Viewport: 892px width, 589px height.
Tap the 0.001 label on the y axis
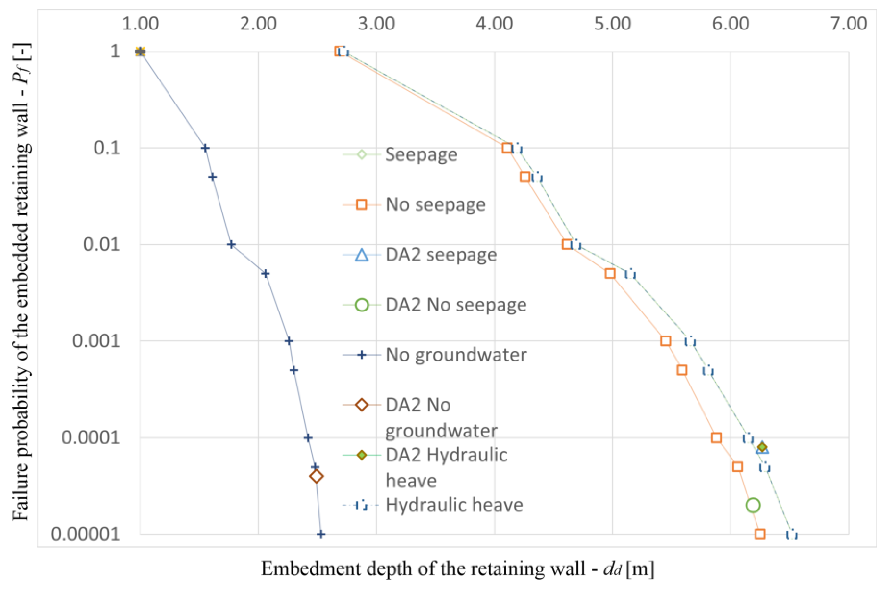[x=96, y=341]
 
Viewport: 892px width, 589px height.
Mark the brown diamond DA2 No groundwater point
[x=317, y=477]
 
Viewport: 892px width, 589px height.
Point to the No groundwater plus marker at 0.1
[x=205, y=148]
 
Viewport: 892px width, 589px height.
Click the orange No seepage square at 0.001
[x=665, y=341]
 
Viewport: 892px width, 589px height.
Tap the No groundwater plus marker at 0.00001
[x=321, y=534]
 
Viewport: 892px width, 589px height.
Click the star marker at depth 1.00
[x=140, y=52]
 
